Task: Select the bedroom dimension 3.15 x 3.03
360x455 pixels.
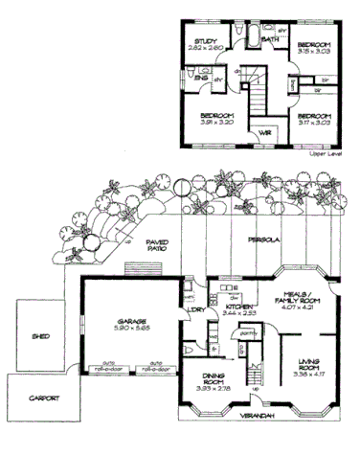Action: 314,54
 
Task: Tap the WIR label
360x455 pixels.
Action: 265,131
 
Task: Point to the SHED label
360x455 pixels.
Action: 40,336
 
